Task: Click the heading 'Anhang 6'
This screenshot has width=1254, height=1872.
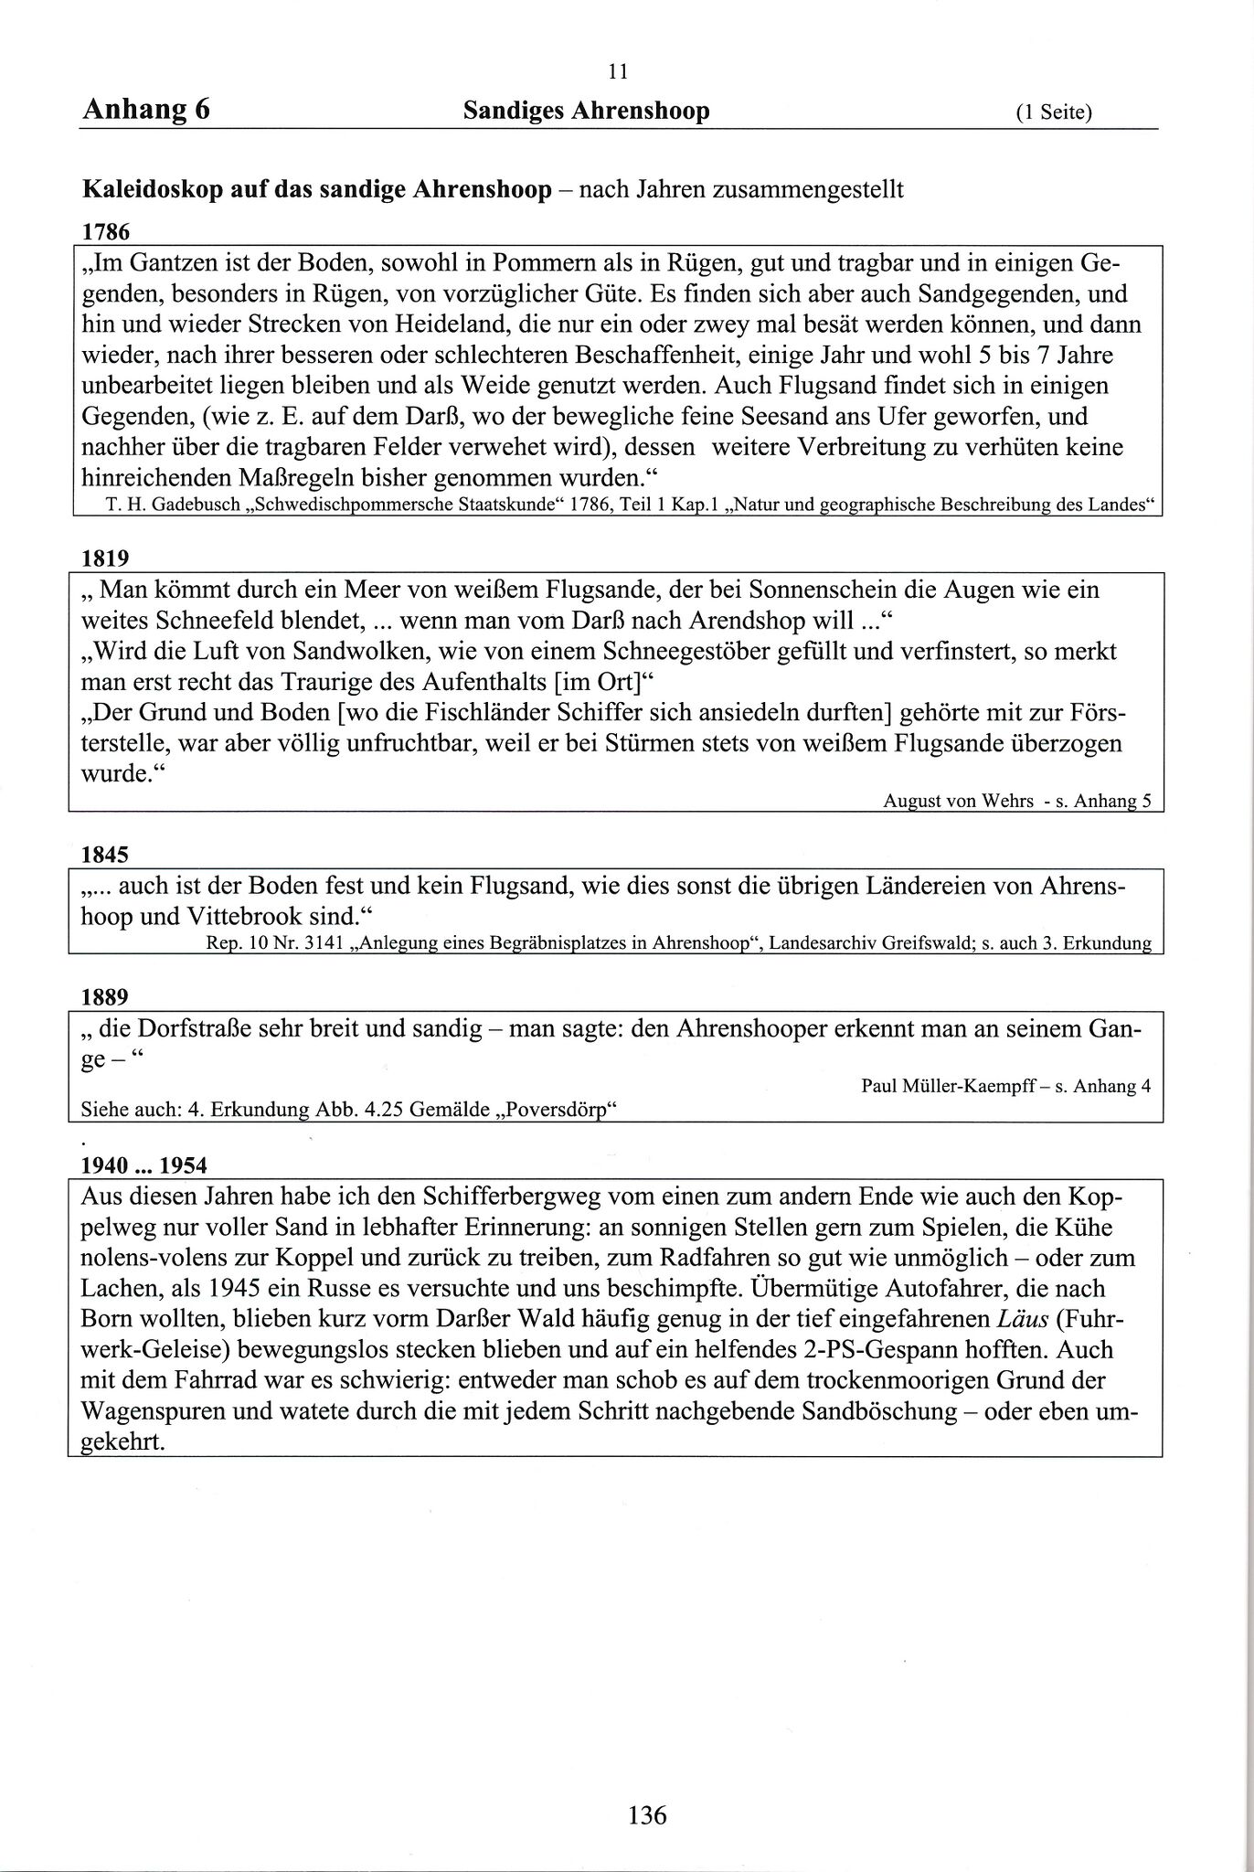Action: coord(146,110)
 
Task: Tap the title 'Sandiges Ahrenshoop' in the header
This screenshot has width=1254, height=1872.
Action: coord(586,112)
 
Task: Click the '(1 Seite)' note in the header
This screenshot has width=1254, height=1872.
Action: coord(1054,113)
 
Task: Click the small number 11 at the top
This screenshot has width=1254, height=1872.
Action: coord(617,71)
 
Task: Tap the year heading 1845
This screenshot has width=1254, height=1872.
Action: coord(105,855)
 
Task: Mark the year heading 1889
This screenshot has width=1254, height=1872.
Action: coord(105,996)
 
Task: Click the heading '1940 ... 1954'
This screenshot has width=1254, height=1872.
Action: coord(143,1165)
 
